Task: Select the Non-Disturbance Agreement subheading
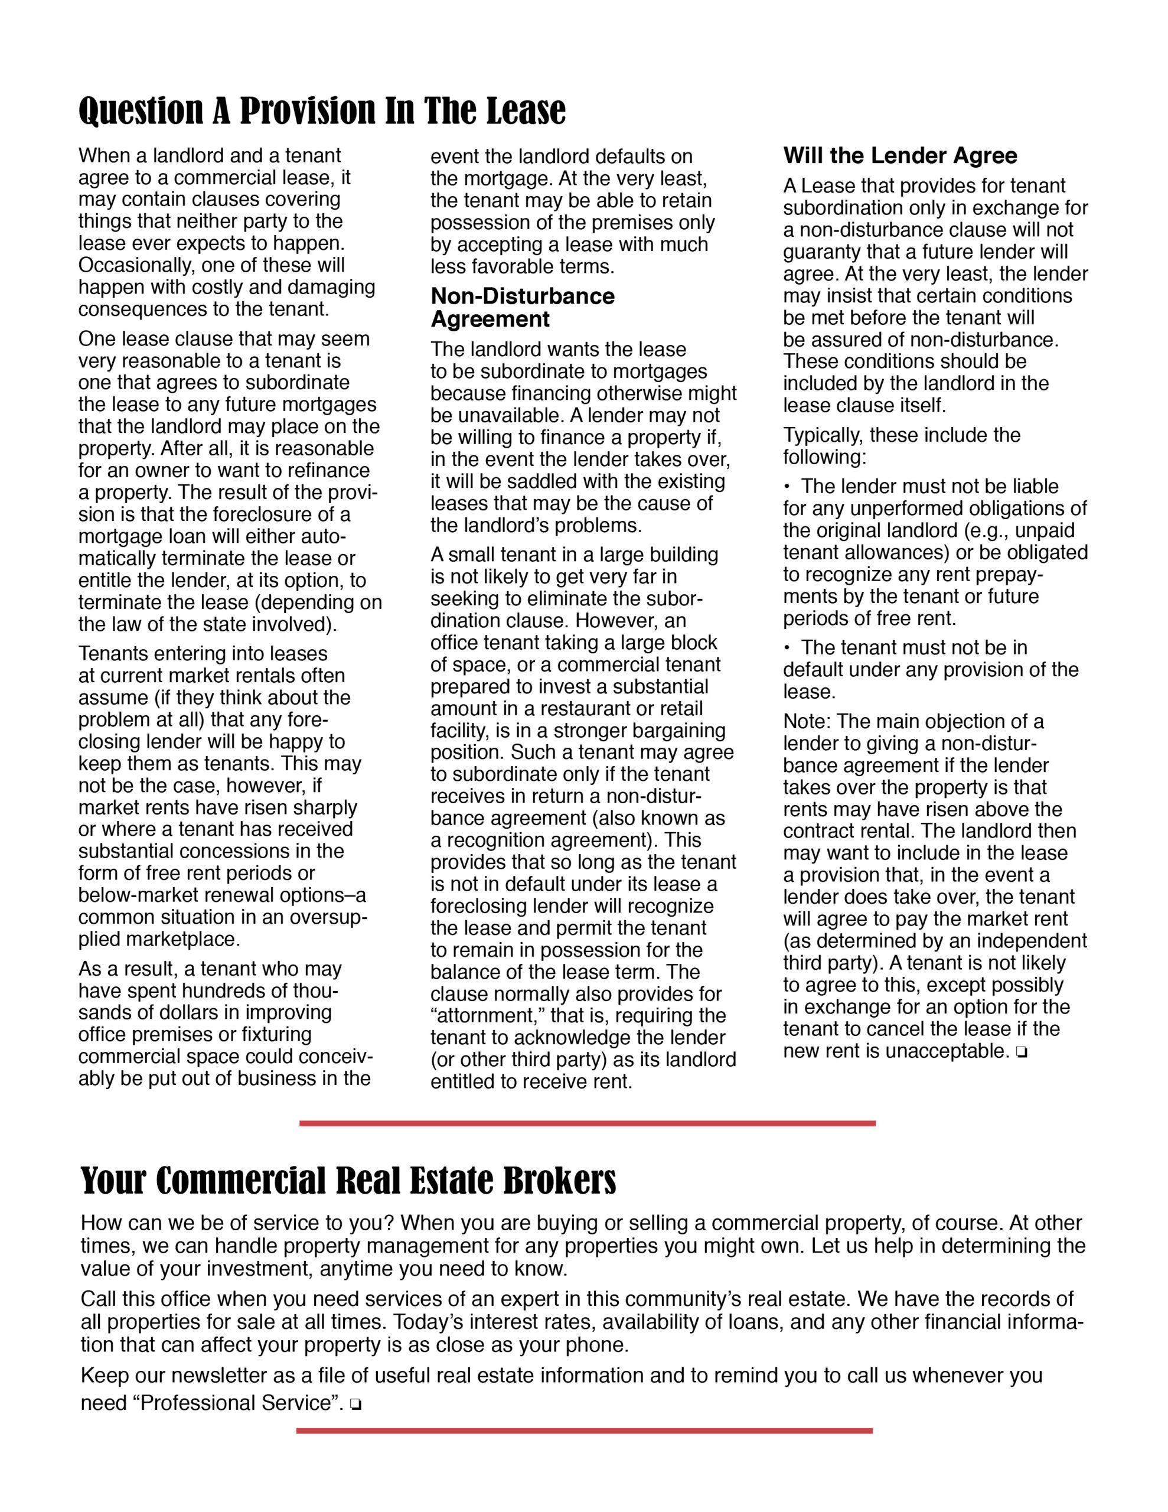pyautogui.click(x=522, y=307)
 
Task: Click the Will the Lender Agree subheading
pyautogui.click(x=899, y=156)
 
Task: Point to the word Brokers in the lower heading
pyautogui.click(x=559, y=1181)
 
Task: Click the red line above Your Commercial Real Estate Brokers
pyautogui.click(x=587, y=1123)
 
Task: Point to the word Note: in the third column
pyautogui.click(x=807, y=721)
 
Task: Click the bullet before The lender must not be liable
pyautogui.click(x=787, y=487)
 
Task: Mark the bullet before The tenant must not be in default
pyautogui.click(x=787, y=648)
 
